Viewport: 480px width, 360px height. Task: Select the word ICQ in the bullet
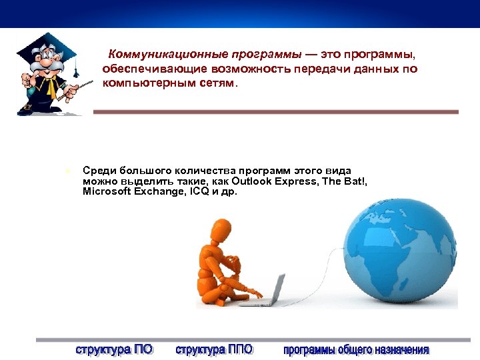pyautogui.click(x=199, y=191)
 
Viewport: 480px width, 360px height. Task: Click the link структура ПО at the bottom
pyautogui.click(x=114, y=349)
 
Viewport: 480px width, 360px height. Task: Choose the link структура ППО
pyautogui.click(x=214, y=349)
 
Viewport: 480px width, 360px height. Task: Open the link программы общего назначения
pyautogui.click(x=356, y=349)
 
